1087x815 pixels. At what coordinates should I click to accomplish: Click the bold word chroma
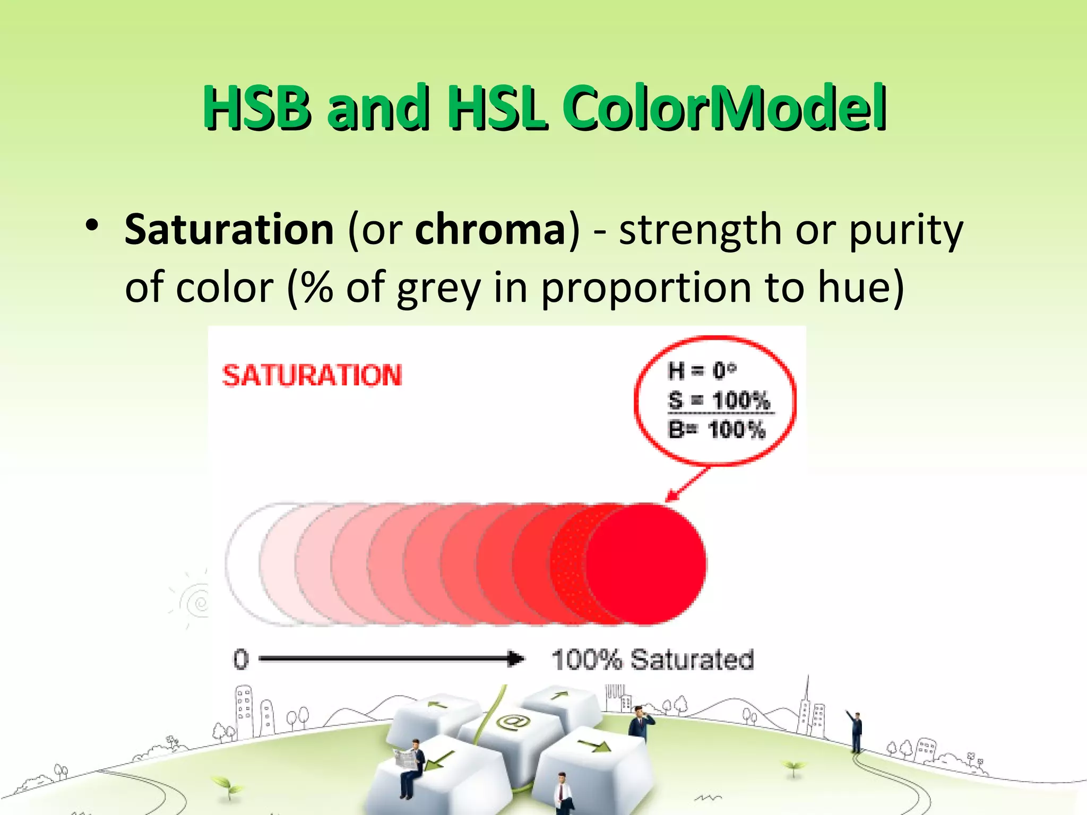(x=491, y=230)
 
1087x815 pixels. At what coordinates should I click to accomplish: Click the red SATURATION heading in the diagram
(x=312, y=376)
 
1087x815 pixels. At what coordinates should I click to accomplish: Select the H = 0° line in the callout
(x=702, y=370)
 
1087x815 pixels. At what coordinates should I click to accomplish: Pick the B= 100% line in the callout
(x=717, y=429)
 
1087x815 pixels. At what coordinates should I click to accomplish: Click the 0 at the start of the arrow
(x=241, y=660)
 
